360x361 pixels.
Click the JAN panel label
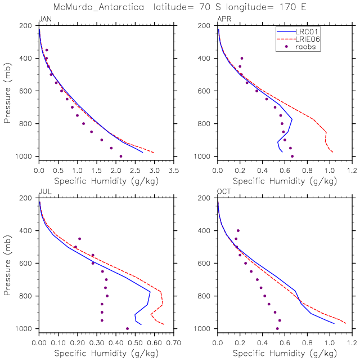[45, 19]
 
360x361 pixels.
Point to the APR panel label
[224, 19]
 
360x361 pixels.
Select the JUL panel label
[45, 191]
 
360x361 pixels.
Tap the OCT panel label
[224, 191]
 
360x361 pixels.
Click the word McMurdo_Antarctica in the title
[98, 7]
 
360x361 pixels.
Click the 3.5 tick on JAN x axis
[174, 171]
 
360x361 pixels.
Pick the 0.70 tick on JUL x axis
[174, 343]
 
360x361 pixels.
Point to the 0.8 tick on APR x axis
[307, 171]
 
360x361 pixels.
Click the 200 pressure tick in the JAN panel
[25, 25]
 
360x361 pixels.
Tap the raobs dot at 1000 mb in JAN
[121, 157]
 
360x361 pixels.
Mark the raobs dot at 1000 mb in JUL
[128, 328]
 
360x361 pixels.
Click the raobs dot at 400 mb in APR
[242, 58]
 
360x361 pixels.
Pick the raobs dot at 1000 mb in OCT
[277, 328]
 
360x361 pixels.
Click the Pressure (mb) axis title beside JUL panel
[7, 265]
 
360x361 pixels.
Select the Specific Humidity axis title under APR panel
[285, 181]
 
